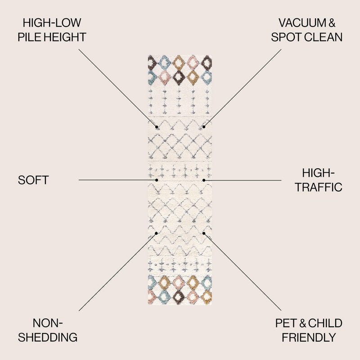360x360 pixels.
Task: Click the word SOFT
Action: pyautogui.click(x=33, y=180)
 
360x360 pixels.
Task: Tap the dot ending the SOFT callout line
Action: pyautogui.click(x=157, y=180)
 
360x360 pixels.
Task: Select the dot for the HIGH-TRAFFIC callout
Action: pyautogui.click(x=204, y=180)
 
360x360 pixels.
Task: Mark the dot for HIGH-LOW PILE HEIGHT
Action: pyautogui.click(x=157, y=127)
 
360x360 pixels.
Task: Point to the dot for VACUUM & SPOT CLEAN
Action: pyautogui.click(x=204, y=127)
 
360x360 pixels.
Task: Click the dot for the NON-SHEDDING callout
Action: pyautogui.click(x=156, y=233)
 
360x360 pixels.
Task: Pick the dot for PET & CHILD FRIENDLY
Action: pyautogui.click(x=204, y=233)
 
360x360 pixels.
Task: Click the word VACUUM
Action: pyautogui.click(x=302, y=23)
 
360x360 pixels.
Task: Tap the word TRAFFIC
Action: pyautogui.click(x=319, y=187)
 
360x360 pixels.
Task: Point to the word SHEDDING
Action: pyautogui.click(x=48, y=337)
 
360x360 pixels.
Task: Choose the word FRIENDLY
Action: pyautogui.click(x=309, y=337)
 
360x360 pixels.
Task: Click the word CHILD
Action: pyautogui.click(x=325, y=323)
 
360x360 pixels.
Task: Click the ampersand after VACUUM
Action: pyautogui.click(x=332, y=23)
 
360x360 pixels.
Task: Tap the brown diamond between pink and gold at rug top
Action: pyautogui.click(x=179, y=77)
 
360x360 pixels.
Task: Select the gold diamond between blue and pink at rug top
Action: pyautogui.click(x=178, y=63)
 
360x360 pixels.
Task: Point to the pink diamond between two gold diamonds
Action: pyautogui.click(x=179, y=283)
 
